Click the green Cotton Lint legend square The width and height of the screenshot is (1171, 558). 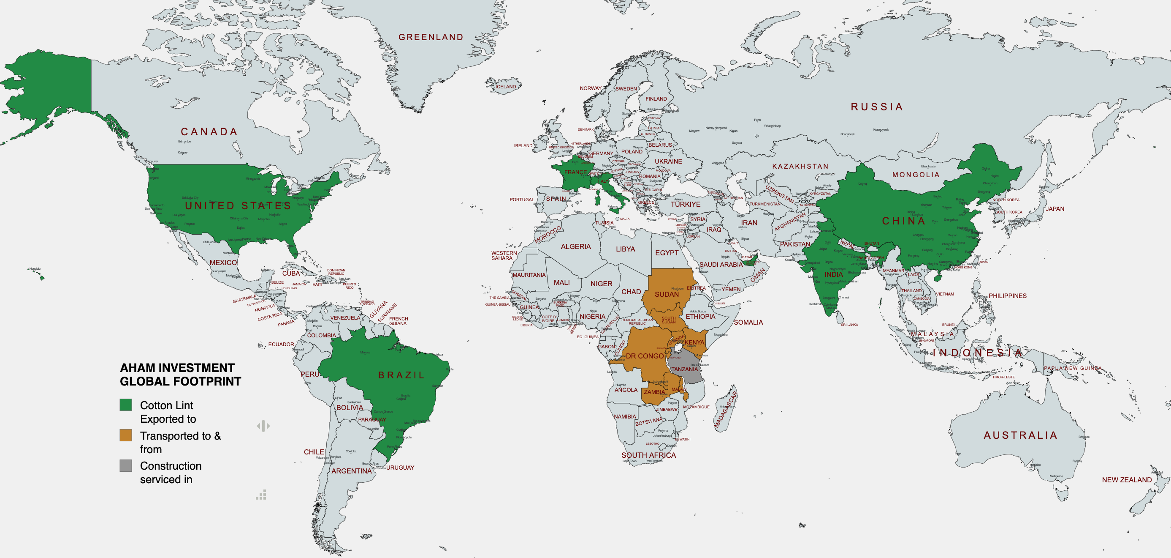pos(126,405)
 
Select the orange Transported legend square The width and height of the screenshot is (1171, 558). pos(126,435)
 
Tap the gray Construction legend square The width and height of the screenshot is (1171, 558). pos(126,465)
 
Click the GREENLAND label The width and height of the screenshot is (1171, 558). pos(431,37)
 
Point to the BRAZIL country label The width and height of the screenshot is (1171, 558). pos(401,375)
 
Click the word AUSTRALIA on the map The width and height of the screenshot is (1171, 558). pos(1020,435)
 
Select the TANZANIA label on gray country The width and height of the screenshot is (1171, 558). pos(684,369)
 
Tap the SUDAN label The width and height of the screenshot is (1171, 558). pos(667,295)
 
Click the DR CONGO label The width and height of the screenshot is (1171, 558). pos(645,356)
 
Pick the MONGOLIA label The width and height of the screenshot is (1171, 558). pos(916,175)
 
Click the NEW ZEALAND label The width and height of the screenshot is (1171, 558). pos(1126,480)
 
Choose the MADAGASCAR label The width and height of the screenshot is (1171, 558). pos(725,409)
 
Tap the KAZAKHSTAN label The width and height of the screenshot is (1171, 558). pos(800,167)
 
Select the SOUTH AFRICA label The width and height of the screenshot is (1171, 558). pos(648,455)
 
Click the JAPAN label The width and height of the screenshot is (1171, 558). pos(1054,209)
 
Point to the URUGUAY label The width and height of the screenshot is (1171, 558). pos(400,468)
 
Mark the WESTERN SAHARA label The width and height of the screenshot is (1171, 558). pos(504,255)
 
